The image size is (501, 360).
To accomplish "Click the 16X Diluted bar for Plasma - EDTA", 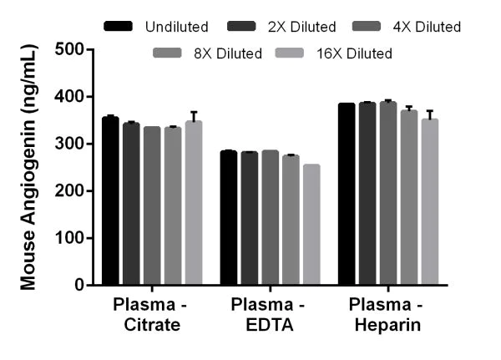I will pos(311,225).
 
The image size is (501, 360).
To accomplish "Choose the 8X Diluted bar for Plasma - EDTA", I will pos(291,220).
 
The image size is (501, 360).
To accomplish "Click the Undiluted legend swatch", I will pos(119,27).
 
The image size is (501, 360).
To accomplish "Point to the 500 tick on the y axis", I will pos(89,49).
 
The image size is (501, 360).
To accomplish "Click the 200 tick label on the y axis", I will pos(69,191).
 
